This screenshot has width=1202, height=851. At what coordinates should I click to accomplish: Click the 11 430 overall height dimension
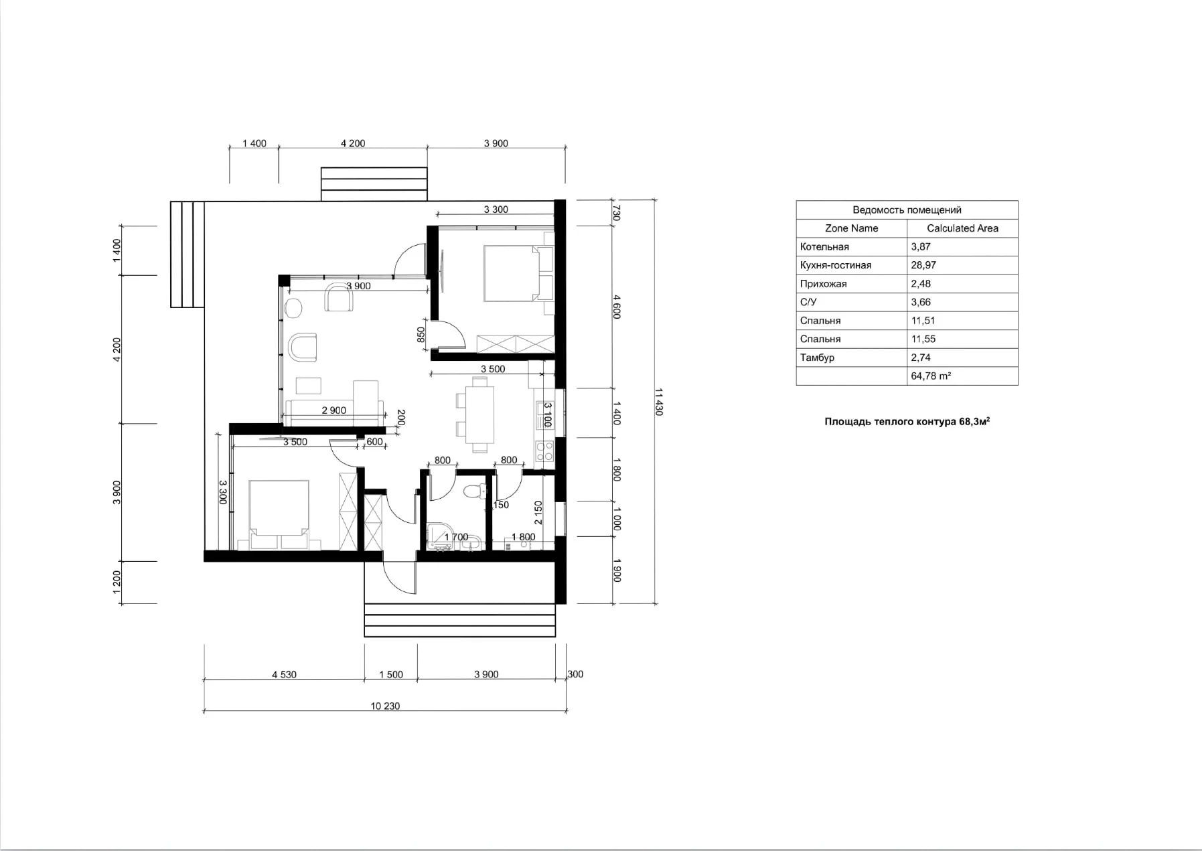tap(658, 402)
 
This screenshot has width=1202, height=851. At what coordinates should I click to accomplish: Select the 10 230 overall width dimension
tap(385, 706)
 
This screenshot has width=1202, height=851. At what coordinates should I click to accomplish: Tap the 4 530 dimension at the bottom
tap(284, 674)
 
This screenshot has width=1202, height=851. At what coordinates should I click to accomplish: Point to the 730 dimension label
tap(617, 213)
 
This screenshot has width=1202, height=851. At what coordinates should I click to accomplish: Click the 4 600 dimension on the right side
tap(617, 307)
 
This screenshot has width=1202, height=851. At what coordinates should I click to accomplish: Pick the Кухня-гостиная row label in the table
tap(836, 265)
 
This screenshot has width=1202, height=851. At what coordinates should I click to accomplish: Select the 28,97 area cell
tap(923, 265)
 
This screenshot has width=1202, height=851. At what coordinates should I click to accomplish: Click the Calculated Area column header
tap(962, 228)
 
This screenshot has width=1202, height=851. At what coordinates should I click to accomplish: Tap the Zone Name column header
tap(851, 228)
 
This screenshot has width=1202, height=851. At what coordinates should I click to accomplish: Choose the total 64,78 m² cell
tap(931, 376)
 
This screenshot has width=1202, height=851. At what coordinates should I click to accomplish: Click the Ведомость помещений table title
tap(907, 210)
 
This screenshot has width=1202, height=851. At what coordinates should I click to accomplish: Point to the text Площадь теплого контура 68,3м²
tap(907, 422)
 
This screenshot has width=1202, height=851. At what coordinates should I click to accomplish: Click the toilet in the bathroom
tap(475, 491)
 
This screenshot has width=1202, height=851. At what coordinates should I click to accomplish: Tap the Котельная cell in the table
tap(824, 247)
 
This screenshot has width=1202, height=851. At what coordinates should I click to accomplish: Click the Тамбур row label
tap(817, 358)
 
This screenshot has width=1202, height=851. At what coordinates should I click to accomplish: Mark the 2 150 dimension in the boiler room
tap(538, 513)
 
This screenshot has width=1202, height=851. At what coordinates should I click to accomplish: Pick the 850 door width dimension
tap(421, 334)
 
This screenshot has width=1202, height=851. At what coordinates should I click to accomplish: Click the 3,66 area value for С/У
tap(921, 302)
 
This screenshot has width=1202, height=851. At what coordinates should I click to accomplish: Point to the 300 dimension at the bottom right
tap(575, 674)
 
